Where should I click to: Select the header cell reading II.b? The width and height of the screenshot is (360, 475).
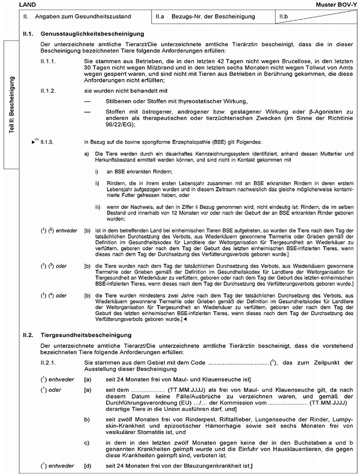tap(284, 17)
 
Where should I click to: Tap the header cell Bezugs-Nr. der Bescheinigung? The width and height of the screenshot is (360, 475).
tap(213, 17)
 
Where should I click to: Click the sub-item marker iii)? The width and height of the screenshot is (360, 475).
tap(97, 207)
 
